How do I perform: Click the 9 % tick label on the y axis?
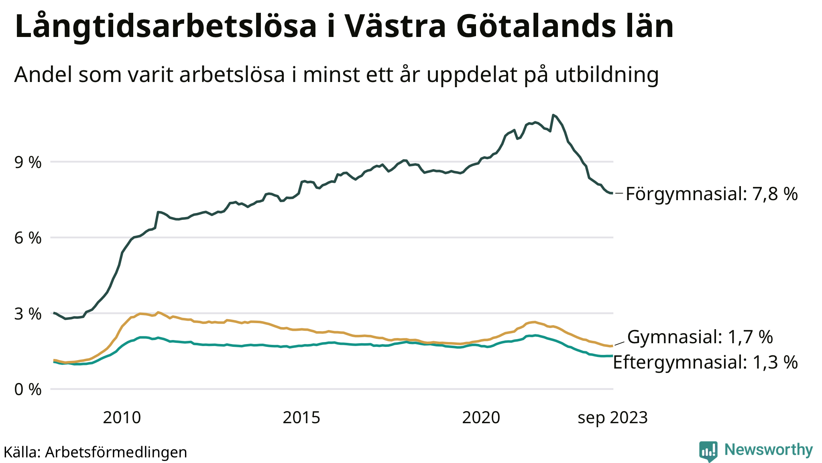tap(28, 163)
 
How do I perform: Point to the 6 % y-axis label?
tap(28, 238)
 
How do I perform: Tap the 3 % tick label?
tap(28, 314)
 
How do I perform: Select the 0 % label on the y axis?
tap(28, 389)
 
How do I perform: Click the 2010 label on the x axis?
tap(122, 418)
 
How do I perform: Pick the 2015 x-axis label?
tap(301, 418)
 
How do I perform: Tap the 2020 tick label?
tap(481, 418)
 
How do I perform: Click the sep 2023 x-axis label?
tap(612, 418)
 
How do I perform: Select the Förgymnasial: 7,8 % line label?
tap(712, 194)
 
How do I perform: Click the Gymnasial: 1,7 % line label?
tap(700, 337)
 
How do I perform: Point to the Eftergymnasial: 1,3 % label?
tap(705, 363)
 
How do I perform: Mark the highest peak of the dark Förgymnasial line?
tap(553, 115)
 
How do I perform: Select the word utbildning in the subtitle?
tap(607, 75)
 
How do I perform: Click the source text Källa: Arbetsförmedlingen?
tap(95, 452)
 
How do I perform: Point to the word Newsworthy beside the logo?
tap(768, 450)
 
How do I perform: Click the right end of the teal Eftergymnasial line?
tap(612, 356)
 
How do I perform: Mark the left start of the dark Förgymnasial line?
tap(54, 313)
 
